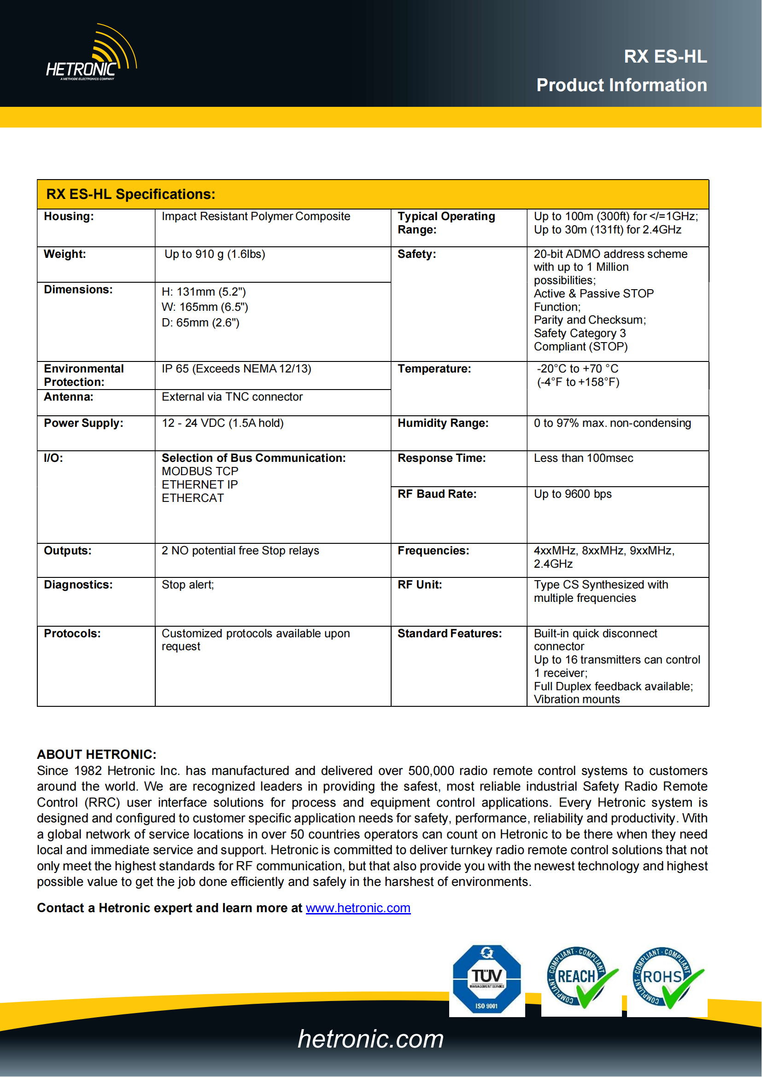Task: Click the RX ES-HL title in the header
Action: [x=665, y=56]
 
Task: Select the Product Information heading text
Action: [x=621, y=85]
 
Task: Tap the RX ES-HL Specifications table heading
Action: [x=130, y=194]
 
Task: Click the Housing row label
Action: [x=69, y=216]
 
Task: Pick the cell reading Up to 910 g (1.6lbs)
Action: [x=214, y=254]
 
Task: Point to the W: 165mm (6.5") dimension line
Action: [x=205, y=307]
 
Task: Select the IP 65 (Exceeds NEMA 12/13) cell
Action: [x=236, y=369]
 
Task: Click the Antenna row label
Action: [x=69, y=397]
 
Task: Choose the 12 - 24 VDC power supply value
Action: [x=223, y=423]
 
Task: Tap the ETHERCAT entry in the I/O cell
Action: [x=193, y=498]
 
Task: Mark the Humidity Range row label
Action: [x=442, y=423]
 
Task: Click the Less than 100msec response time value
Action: [x=583, y=458]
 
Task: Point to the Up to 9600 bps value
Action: [x=573, y=494]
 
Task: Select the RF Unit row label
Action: [x=420, y=585]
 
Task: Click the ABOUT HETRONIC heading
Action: [x=97, y=754]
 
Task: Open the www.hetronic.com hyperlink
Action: [x=358, y=908]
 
